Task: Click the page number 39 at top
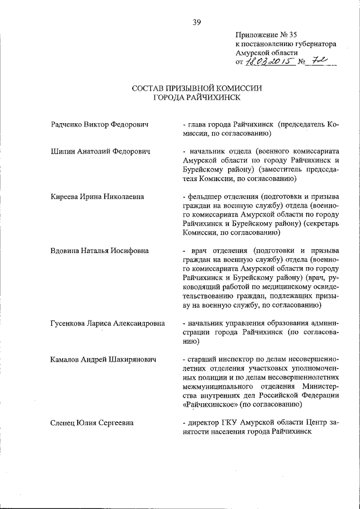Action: [197, 22]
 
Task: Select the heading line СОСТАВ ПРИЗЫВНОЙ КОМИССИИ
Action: [197, 88]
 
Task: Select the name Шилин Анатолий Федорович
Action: [99, 151]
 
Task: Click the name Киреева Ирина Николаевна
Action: [97, 196]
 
